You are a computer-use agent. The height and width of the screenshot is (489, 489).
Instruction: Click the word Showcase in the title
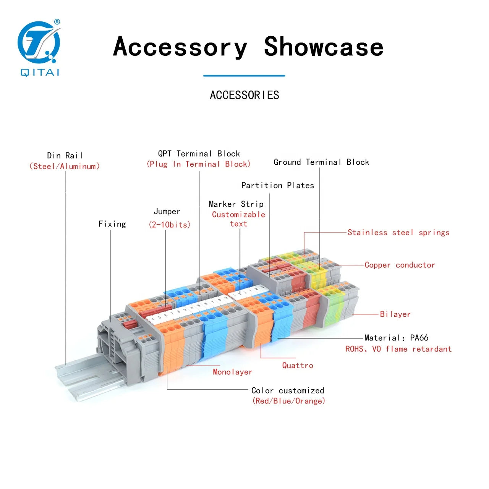coord(324,47)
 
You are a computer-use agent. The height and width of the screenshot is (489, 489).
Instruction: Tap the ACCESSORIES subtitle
coord(244,95)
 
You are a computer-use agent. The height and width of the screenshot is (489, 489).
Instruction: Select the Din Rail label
coord(65,155)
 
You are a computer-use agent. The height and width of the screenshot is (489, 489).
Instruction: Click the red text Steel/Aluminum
coord(65,166)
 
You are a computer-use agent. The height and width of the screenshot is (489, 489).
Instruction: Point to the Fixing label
coord(112,224)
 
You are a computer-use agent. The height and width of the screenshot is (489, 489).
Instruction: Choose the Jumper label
coord(167,211)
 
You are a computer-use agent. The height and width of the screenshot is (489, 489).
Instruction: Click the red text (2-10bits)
coord(169,225)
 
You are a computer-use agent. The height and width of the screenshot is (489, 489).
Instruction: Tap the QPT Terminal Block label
coord(199,154)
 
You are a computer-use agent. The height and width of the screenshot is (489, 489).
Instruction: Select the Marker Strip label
coord(236,204)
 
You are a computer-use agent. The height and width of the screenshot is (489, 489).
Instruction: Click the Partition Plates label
coord(278,186)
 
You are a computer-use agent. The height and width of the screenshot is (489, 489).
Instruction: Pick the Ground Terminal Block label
coord(321,162)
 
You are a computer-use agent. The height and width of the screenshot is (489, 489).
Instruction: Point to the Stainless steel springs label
coord(398,232)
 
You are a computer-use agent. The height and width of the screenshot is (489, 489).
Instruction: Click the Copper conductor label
coord(400,265)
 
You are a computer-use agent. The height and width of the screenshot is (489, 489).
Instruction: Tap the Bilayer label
coord(395,314)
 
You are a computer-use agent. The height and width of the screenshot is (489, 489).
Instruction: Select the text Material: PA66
coord(396,338)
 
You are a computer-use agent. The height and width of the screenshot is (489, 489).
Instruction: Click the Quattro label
coord(298,366)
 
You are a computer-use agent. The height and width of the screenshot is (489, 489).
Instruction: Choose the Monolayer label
coord(232,372)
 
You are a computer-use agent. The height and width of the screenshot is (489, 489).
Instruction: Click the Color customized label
coord(288,390)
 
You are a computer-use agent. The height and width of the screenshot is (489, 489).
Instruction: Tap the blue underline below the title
coord(244,76)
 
